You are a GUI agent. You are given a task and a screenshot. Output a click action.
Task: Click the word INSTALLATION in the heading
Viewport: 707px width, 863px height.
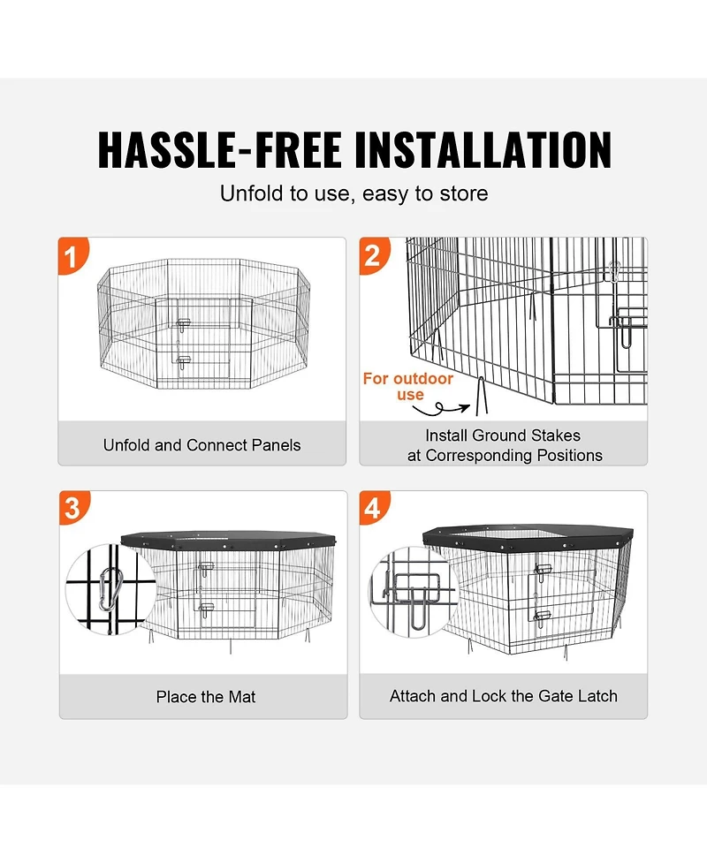click(478, 149)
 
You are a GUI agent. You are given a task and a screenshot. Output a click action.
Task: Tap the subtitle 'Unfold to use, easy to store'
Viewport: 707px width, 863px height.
click(353, 193)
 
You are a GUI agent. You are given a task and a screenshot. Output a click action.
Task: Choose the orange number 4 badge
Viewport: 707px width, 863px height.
click(374, 508)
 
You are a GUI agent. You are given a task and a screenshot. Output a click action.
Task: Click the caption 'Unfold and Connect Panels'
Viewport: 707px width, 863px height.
click(201, 445)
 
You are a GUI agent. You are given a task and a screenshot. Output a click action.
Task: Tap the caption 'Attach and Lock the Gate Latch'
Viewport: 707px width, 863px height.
click(503, 696)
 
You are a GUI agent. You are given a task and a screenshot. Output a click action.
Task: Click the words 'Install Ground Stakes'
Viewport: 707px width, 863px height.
click(503, 435)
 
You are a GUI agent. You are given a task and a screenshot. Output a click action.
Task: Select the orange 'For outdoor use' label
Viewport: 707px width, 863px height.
click(408, 387)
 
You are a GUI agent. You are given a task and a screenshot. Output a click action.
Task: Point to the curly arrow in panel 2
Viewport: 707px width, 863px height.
click(443, 409)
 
